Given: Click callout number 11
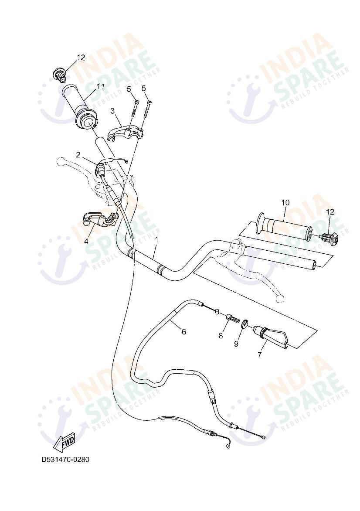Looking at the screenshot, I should tap(101, 86).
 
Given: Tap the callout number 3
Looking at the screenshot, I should tap(112, 111).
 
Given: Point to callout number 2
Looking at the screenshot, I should tap(78, 154).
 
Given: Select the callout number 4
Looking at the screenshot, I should tap(86, 241).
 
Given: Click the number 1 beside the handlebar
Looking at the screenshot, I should tap(156, 239).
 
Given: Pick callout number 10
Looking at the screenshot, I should tap(285, 202).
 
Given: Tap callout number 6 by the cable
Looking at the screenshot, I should tap(183, 332).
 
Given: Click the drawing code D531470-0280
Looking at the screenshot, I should tap(65, 460).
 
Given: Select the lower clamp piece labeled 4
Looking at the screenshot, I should tap(101, 218).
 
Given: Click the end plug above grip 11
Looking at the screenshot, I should tap(59, 75).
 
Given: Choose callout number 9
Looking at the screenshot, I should tap(236, 344).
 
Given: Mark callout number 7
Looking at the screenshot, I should tap(260, 354).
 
